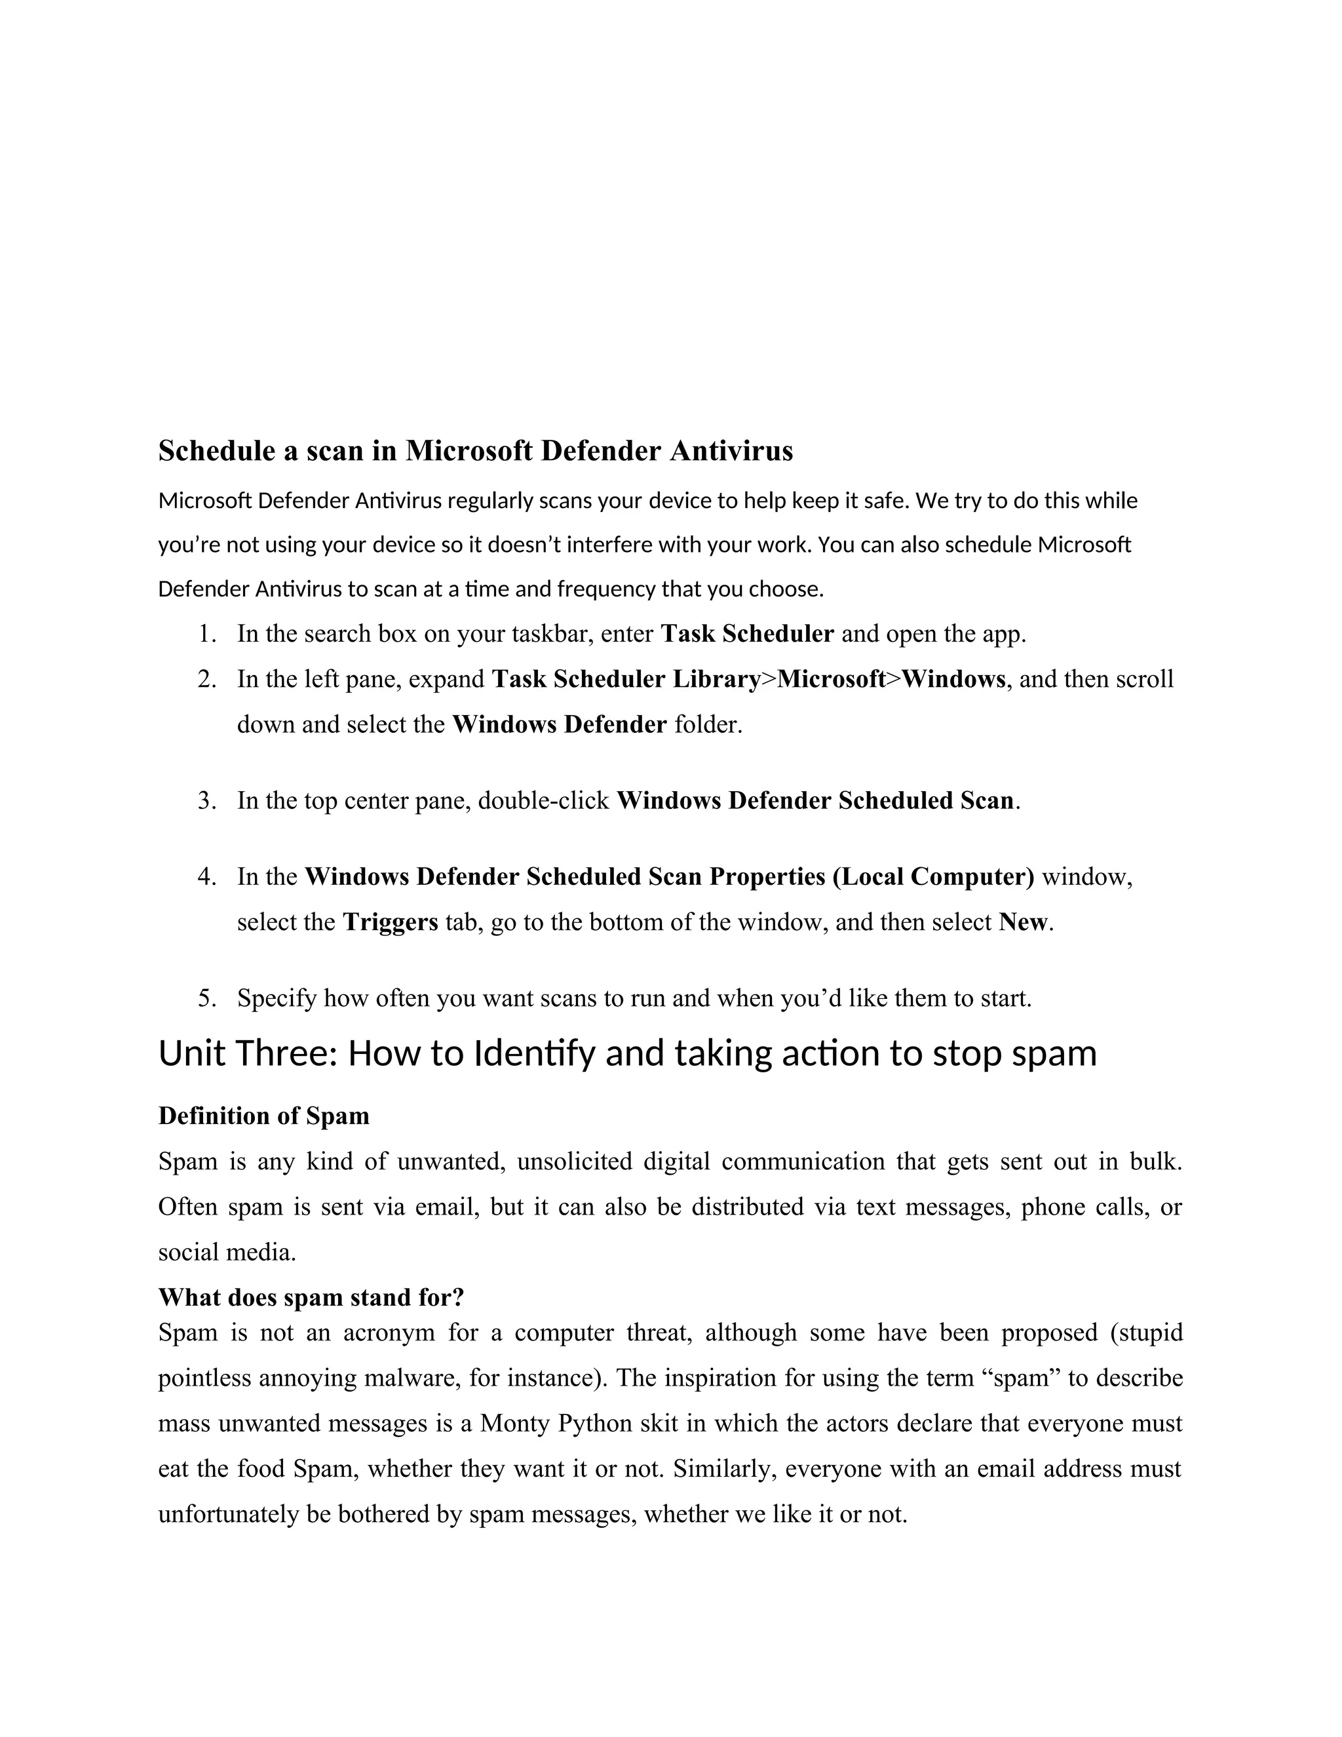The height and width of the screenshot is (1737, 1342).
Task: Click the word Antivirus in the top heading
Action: pos(731,451)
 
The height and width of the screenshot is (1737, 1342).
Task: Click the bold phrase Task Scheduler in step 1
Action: pos(747,634)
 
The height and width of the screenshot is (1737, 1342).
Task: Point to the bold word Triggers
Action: pos(391,922)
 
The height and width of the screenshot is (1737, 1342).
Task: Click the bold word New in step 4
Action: pos(1024,922)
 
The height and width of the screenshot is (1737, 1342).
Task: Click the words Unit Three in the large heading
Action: pos(249,1054)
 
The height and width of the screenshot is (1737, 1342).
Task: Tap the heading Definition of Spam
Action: pos(264,1116)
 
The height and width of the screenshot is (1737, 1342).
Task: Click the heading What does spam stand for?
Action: pos(311,1297)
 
